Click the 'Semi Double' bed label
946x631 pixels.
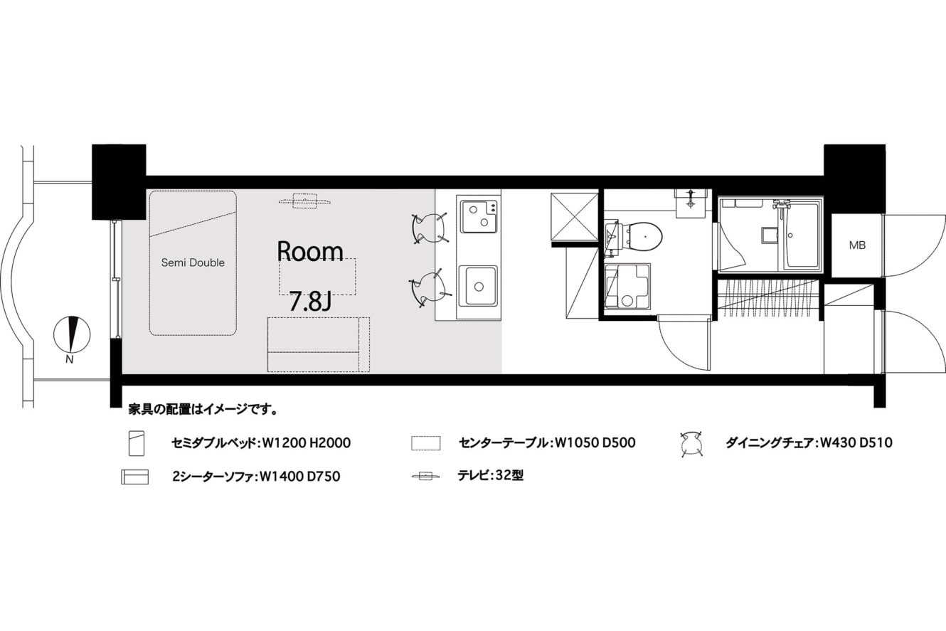[x=193, y=263]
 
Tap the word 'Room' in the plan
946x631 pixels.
[x=310, y=252]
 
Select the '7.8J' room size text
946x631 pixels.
[x=310, y=302]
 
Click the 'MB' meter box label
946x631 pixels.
[x=857, y=245]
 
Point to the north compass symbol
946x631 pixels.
[x=72, y=334]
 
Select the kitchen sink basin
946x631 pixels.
[x=478, y=286]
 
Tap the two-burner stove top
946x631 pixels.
[x=479, y=216]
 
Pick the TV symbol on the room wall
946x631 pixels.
[x=304, y=201]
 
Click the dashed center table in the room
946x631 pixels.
[x=317, y=277]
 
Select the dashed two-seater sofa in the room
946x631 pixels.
[x=319, y=344]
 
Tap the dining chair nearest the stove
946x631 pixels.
[x=430, y=228]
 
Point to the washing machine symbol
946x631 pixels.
[x=627, y=286]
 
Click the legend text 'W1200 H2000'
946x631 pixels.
[x=307, y=443]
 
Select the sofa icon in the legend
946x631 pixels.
[x=134, y=477]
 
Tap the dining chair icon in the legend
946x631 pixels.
[x=692, y=445]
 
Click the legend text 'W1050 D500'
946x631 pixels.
[x=595, y=442]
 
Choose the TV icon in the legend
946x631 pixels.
[x=426, y=476]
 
